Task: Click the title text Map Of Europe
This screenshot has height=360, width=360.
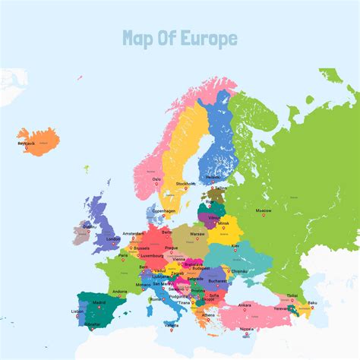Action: coord(179,39)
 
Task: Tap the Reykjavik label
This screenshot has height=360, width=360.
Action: coord(27,142)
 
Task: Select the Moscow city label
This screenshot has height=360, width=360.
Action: coord(264,209)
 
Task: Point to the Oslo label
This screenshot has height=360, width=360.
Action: coord(156,179)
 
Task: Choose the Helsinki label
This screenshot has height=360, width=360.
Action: coord(213,178)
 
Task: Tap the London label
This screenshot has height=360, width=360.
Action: coord(113,238)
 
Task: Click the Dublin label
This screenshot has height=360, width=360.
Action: coord(90,226)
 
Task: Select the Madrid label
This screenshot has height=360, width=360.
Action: coord(99,302)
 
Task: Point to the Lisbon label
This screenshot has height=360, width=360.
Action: coord(78,311)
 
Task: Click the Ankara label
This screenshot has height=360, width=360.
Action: coord(245,305)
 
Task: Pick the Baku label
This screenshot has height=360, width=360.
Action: coord(311,302)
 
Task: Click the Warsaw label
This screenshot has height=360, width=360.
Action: coord(197,234)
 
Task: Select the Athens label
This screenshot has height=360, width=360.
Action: coord(208,314)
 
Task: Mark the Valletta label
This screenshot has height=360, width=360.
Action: coord(172,325)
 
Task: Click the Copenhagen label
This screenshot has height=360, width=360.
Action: coord(163,210)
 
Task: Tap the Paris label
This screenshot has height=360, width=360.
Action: coord(123,255)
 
